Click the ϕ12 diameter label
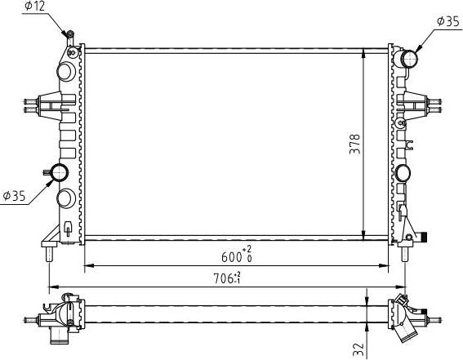[x=35, y=7]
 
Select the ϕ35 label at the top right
[x=448, y=22]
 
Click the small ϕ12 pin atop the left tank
[x=69, y=35]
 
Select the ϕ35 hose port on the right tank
[x=409, y=59]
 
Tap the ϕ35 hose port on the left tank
[x=59, y=173]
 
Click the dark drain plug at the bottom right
[x=424, y=238]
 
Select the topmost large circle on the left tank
[x=65, y=72]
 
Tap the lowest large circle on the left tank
[x=66, y=198]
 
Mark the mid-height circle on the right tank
[x=403, y=173]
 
